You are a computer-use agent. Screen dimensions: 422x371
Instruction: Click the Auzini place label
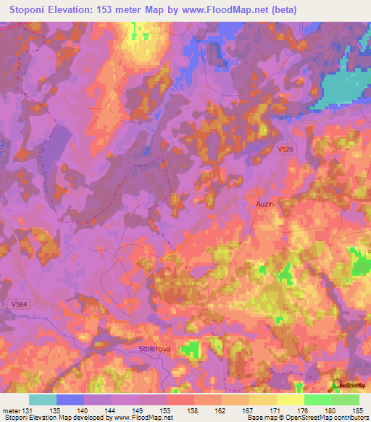[x=264, y=205]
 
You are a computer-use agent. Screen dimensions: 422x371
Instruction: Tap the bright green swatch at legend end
[x=346, y=400]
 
